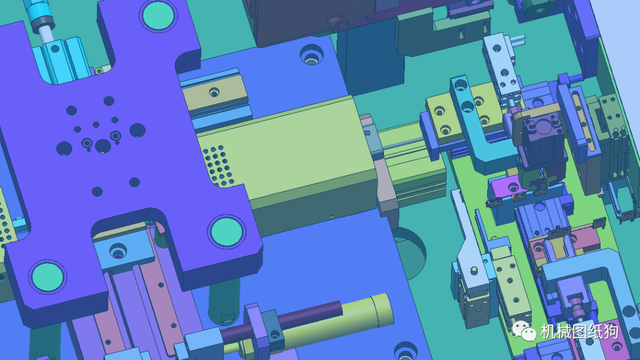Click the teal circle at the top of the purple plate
point(158,16)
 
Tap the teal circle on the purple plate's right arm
point(227,231)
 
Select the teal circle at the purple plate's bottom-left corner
point(48,277)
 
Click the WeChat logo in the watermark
point(524,331)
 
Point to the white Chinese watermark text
point(579,331)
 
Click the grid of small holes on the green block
point(219,165)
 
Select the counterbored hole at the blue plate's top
point(311,56)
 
